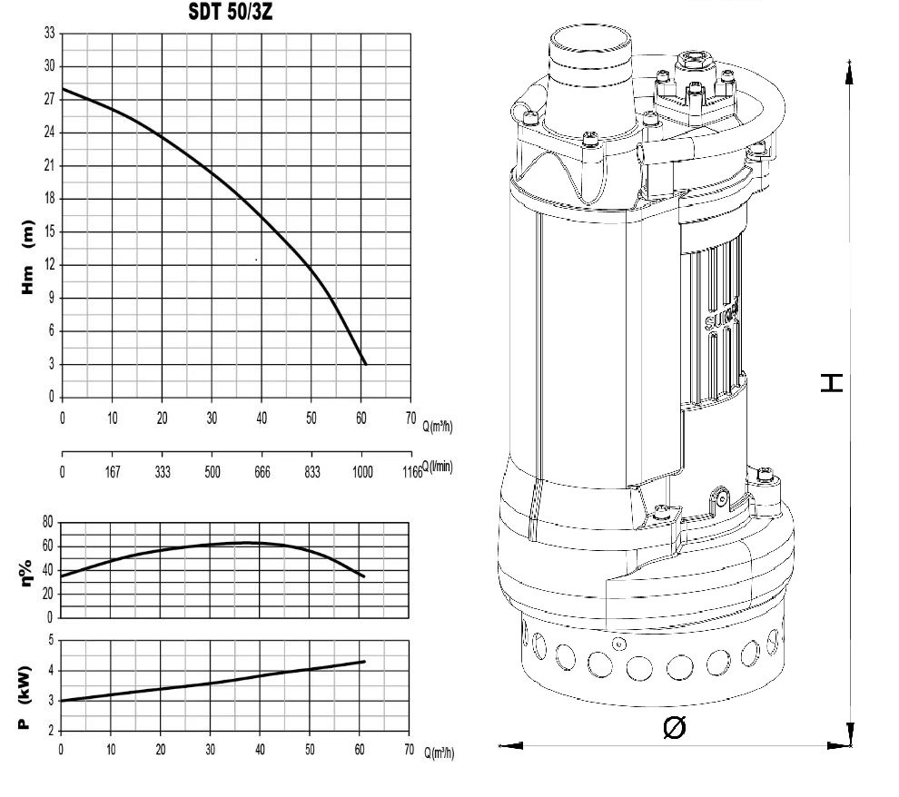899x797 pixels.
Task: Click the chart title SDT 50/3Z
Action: (231, 12)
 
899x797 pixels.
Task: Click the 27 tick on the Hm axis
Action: (50, 99)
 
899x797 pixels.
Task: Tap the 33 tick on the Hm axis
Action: (50, 34)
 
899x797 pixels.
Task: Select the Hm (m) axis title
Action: (27, 257)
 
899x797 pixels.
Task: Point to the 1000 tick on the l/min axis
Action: (361, 472)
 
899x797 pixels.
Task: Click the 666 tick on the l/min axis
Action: (262, 472)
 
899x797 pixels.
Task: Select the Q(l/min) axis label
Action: (438, 466)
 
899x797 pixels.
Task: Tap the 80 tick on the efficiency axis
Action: (47, 522)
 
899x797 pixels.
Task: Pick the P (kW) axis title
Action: (24, 697)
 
